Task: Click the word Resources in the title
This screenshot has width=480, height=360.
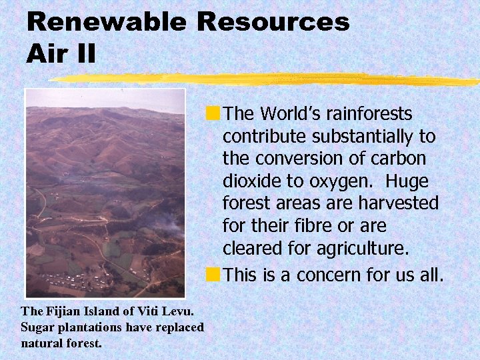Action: point(273,22)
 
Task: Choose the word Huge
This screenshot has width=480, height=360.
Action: point(407,182)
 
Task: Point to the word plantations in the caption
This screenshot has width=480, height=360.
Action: point(89,327)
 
